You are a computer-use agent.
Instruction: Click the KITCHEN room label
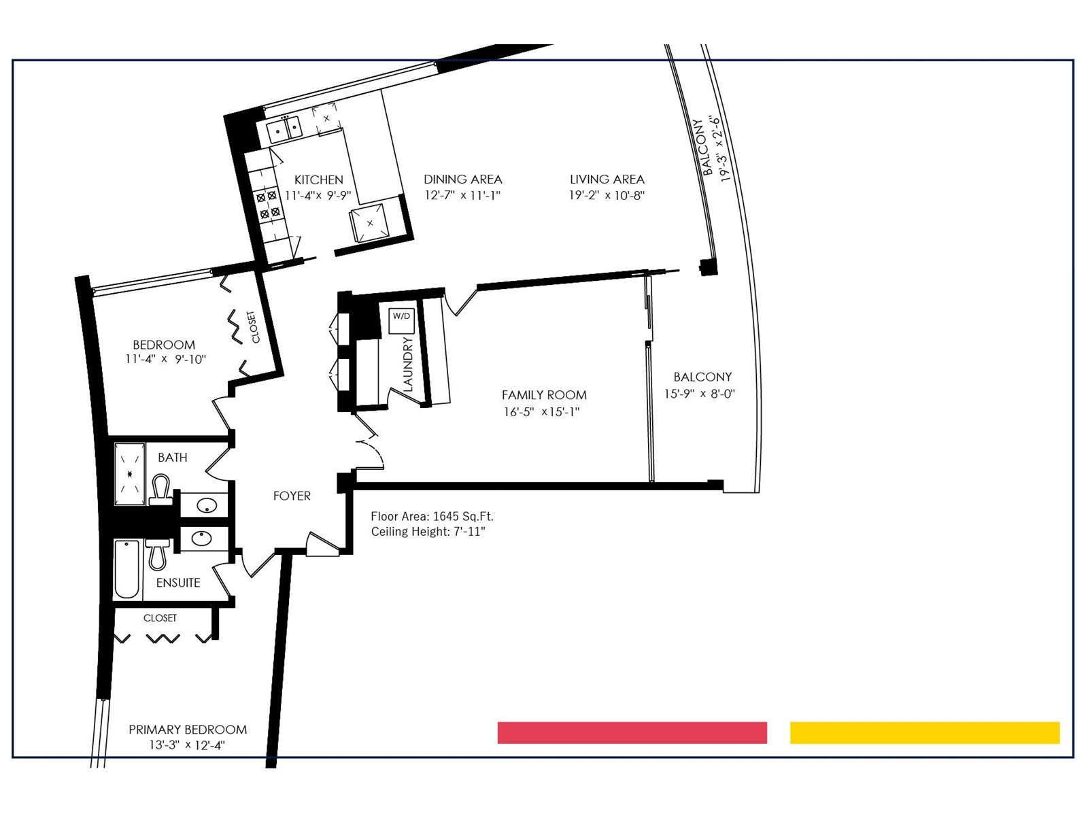[x=319, y=180]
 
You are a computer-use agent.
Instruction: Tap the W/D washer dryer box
[x=401, y=320]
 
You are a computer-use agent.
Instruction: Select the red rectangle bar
[x=632, y=733]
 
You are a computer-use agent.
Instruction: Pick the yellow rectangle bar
[x=925, y=733]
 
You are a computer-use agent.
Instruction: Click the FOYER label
[x=292, y=496]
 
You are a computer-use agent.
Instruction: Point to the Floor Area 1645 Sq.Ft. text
[x=432, y=516]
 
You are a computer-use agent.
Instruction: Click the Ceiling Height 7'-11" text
[x=428, y=532]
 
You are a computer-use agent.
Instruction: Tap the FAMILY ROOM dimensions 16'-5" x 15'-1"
[x=542, y=411]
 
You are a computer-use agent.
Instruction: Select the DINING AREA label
[x=463, y=180]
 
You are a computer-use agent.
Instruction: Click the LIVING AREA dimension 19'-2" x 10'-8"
[x=607, y=195]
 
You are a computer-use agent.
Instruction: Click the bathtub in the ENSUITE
[x=127, y=570]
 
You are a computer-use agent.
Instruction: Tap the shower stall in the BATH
[x=130, y=474]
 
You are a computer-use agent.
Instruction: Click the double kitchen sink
[x=284, y=131]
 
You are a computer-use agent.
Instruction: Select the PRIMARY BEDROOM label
[x=188, y=730]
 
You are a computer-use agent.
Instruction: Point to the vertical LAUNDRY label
[x=408, y=364]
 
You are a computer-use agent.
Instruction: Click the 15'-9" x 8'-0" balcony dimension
[x=700, y=394]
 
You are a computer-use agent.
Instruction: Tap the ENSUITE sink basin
[x=202, y=539]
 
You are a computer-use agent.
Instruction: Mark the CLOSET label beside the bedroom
[x=253, y=327]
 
